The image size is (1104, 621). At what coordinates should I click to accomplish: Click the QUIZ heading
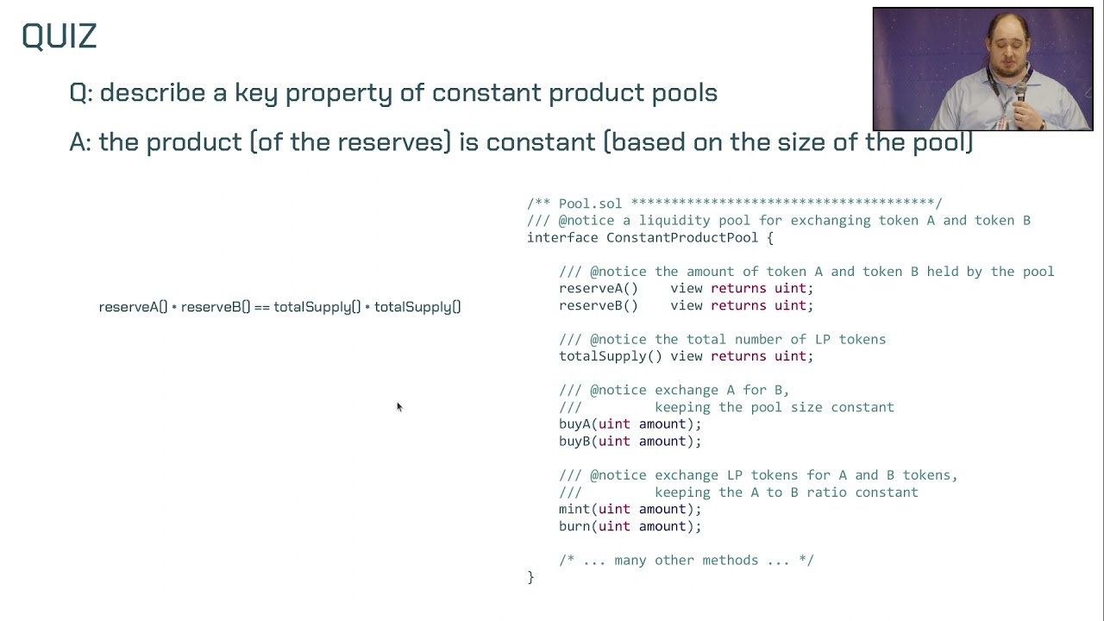(59, 36)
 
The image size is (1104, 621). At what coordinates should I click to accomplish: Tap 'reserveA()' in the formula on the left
(133, 307)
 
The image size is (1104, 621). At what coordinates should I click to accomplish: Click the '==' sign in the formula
(261, 307)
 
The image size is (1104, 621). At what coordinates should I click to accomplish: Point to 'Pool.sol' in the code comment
(590, 204)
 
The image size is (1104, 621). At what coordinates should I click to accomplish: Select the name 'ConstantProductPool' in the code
(681, 237)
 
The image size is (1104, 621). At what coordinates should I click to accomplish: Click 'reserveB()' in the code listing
(598, 305)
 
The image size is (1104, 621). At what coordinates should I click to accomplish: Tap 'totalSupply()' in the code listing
(610, 356)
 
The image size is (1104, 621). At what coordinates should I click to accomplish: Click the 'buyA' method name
(574, 424)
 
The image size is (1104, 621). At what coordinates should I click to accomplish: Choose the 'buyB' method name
(574, 442)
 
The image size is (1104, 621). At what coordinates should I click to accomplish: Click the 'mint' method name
(574, 510)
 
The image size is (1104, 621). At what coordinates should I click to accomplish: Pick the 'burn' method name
(574, 526)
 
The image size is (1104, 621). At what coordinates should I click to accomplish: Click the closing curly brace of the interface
(530, 578)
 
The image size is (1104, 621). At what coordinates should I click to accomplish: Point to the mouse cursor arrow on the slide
(398, 406)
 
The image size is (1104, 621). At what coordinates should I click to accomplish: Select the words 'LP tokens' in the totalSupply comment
(854, 340)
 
